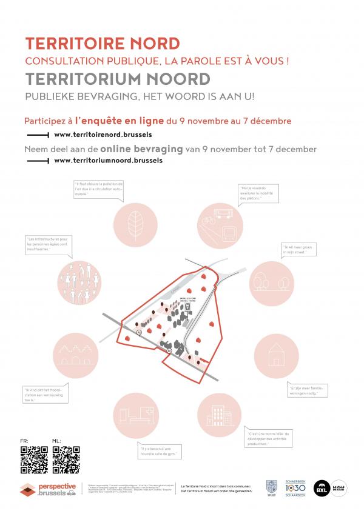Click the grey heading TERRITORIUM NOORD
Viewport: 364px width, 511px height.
(118, 79)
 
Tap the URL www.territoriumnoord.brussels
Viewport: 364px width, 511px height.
(108, 161)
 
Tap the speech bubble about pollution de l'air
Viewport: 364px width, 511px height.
(98, 189)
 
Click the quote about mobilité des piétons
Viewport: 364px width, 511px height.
(261, 193)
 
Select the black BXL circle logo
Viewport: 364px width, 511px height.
(322, 488)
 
